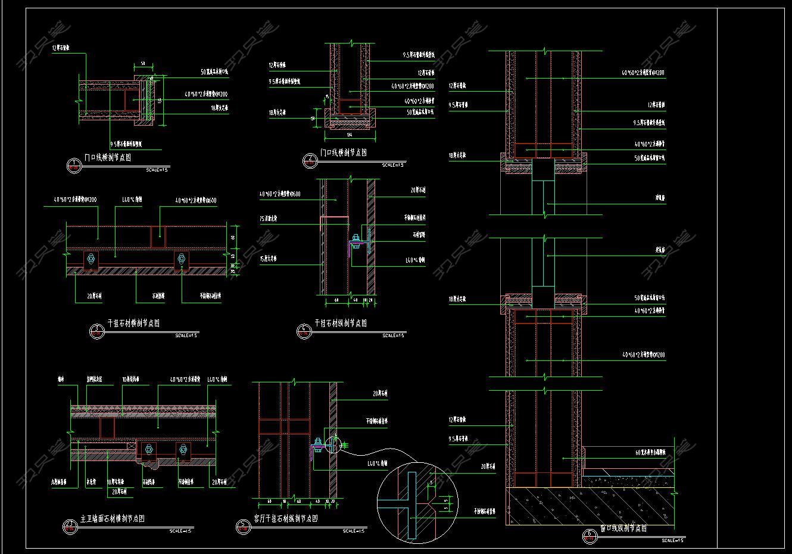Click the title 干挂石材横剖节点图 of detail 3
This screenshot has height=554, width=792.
[x=133, y=323]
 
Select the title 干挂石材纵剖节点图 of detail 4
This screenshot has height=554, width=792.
[x=341, y=323]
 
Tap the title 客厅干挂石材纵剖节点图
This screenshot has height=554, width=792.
[x=286, y=519]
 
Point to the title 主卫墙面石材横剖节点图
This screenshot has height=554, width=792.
[x=113, y=519]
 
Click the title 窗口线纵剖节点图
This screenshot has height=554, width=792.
[x=623, y=528]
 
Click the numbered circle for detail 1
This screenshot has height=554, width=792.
[x=73, y=165]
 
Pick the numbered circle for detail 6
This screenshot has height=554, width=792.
[x=589, y=536]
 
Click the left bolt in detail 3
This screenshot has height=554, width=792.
[x=91, y=259]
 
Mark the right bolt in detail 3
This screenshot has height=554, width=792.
[x=181, y=259]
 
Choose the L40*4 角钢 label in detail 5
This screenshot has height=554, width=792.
[x=378, y=463]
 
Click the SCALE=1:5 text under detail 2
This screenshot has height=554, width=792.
[x=392, y=164]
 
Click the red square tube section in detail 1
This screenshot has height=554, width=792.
[x=128, y=99]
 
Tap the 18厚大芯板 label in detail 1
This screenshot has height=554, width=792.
[x=219, y=109]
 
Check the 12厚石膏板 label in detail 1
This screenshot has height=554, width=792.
[x=61, y=48]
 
